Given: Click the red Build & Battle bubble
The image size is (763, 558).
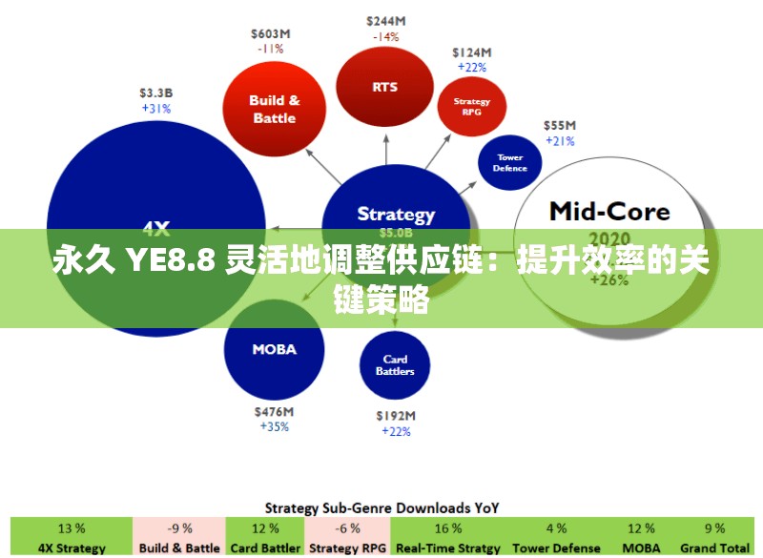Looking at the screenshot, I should (274, 109).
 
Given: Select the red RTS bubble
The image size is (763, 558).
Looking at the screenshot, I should (385, 87).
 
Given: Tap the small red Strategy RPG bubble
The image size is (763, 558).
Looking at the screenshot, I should (471, 106).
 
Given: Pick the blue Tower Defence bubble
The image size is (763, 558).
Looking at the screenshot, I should (510, 162).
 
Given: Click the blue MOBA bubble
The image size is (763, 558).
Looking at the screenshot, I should (274, 349).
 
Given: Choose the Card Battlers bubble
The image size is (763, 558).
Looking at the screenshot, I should (395, 365).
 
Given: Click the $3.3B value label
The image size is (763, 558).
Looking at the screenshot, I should (155, 93).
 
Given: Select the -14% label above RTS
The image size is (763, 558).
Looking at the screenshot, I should (384, 37).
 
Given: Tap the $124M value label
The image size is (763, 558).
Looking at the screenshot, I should (472, 52).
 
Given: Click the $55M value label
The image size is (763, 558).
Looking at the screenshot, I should (560, 125).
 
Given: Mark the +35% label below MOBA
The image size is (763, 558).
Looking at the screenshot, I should (274, 427).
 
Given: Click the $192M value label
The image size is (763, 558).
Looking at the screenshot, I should (396, 416).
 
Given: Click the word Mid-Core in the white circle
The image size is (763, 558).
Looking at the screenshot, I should (609, 211).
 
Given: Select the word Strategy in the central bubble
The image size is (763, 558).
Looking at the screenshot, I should (396, 214).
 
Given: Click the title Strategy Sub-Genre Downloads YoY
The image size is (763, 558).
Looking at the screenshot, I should (381, 507).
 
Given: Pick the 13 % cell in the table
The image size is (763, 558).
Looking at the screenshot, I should (72, 528).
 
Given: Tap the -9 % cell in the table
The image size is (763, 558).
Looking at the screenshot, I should (179, 528).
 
